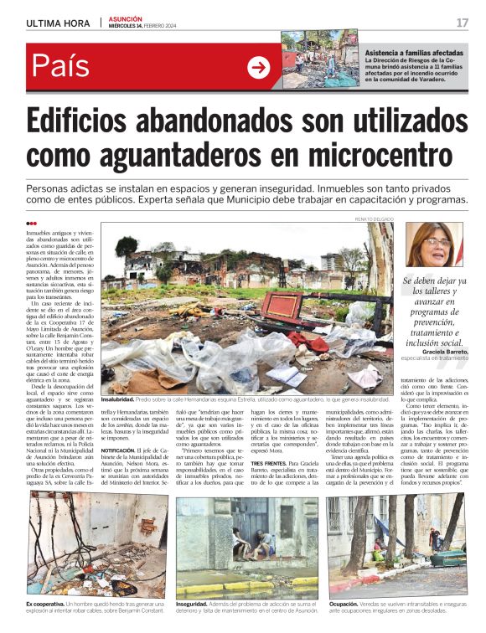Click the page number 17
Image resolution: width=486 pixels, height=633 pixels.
point(463,23)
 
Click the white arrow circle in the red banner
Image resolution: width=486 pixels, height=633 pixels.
point(259,67)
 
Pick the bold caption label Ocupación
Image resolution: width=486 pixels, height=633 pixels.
point(344,603)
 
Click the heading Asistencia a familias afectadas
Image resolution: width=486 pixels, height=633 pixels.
point(415,54)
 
